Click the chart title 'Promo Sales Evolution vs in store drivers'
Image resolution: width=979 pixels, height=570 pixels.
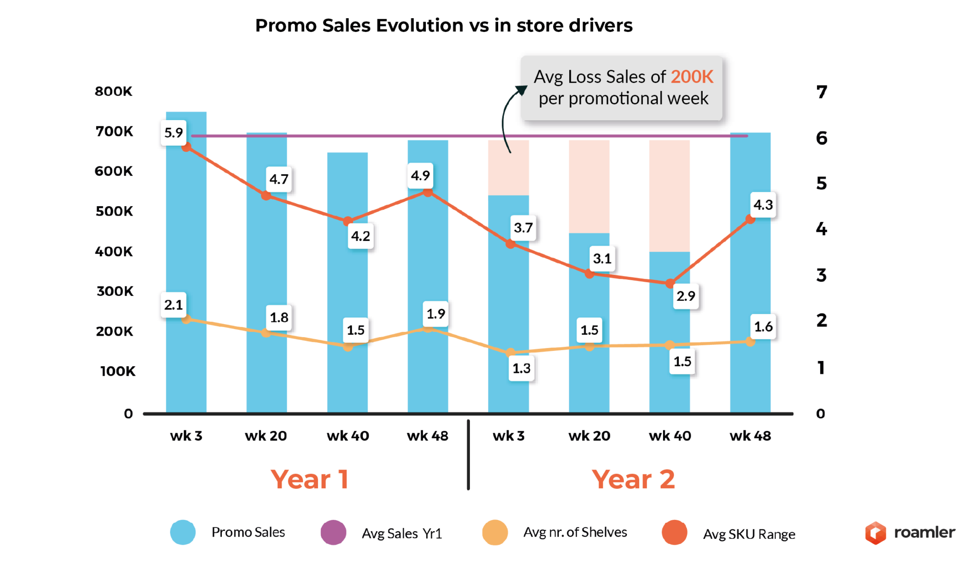443,25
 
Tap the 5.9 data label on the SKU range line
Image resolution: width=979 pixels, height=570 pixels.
174,132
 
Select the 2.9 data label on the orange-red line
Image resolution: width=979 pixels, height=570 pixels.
685,296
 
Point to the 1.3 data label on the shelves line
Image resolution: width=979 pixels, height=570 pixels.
522,368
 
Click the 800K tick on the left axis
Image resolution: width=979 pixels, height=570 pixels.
113,91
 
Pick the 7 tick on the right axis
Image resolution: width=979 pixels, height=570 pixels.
821,92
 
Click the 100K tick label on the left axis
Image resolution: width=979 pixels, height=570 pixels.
118,371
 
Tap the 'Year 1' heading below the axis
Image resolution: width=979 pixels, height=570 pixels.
310,479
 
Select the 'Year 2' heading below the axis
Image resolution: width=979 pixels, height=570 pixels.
633,479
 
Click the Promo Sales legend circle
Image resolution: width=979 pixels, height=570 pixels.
183,532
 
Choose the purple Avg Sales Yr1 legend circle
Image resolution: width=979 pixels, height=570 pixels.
333,532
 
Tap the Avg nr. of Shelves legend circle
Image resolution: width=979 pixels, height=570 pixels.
495,532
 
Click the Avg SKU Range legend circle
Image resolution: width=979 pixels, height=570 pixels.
674,532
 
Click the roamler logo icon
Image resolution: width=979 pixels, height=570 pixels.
875,533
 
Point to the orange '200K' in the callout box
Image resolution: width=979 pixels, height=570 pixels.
692,77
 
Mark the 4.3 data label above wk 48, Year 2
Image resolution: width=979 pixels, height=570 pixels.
763,205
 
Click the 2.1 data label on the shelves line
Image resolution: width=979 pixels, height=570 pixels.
174,305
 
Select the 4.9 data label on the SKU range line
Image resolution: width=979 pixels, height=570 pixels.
420,175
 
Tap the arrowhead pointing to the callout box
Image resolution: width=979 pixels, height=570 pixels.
521,90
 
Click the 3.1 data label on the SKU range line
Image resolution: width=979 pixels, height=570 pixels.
602,259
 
